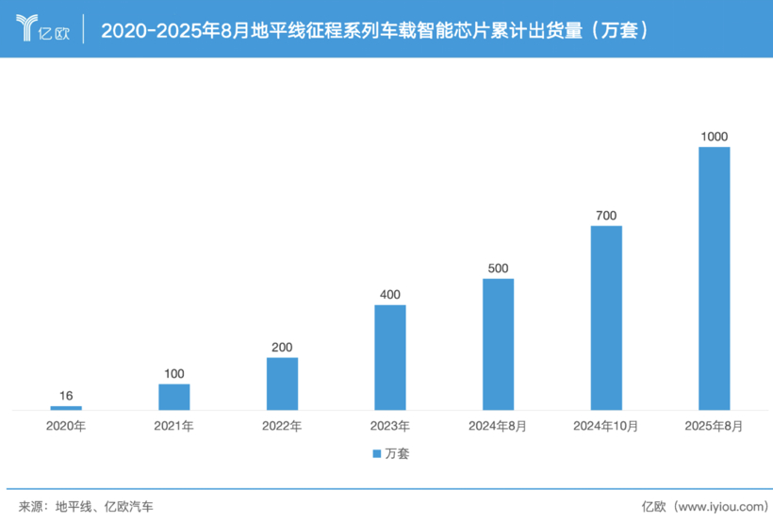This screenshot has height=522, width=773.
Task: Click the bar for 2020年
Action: (66, 408)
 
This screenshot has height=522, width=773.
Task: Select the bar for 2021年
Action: (173, 397)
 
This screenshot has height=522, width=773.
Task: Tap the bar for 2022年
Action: (282, 383)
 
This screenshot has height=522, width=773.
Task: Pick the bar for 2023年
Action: (389, 357)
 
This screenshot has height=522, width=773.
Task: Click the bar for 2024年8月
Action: (498, 344)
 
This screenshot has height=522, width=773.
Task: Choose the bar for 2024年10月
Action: (606, 318)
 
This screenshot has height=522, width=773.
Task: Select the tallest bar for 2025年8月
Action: (714, 278)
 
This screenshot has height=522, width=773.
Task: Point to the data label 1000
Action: (714, 137)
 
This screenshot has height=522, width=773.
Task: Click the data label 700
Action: (606, 216)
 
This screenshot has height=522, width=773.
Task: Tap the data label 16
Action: (66, 397)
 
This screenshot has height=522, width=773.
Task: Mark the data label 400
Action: (389, 295)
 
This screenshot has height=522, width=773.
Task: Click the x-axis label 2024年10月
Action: (606, 426)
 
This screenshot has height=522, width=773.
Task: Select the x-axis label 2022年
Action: (282, 426)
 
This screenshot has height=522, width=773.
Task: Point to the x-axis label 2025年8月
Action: (714, 426)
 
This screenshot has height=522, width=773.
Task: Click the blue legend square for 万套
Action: (374, 453)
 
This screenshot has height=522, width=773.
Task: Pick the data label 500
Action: (498, 269)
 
